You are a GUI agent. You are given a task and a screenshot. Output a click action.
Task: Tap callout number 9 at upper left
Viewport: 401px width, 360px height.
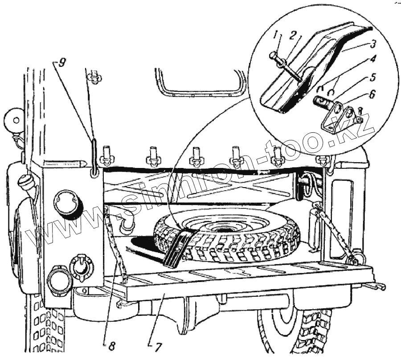(61, 62)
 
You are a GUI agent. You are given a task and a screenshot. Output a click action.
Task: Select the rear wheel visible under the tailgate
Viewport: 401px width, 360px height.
(294, 330)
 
